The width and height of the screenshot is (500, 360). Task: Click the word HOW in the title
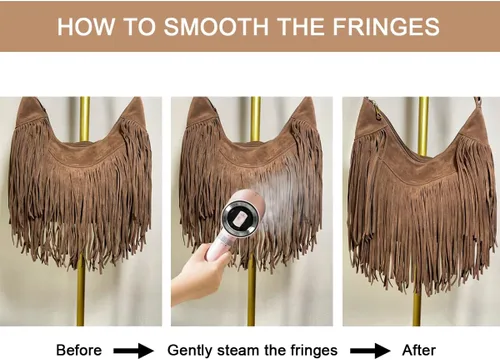coord(86,26)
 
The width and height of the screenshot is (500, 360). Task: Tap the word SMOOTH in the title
coord(216,26)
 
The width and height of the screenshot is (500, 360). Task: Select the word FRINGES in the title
coord(386,26)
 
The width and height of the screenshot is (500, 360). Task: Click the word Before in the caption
coord(79,350)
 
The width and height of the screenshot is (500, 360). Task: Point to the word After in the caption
coord(419,350)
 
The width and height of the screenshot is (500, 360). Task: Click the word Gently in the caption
coord(190,351)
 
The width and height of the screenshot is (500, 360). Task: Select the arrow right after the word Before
coord(133,351)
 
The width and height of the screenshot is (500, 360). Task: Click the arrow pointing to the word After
coord(370,351)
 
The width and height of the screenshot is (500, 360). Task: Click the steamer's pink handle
coord(218,246)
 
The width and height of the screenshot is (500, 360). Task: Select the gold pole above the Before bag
coord(85,118)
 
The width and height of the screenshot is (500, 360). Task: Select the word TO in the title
coord(139,26)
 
